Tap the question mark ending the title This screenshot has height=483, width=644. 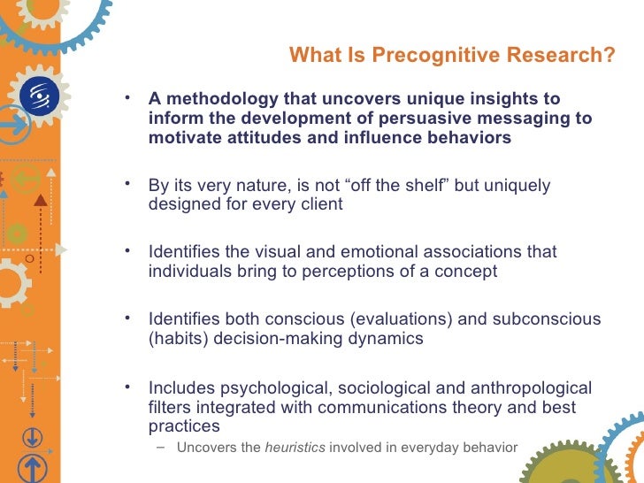(x=609, y=56)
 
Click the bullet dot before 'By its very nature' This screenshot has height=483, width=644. (x=129, y=183)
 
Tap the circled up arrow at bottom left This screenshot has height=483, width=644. (x=32, y=468)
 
